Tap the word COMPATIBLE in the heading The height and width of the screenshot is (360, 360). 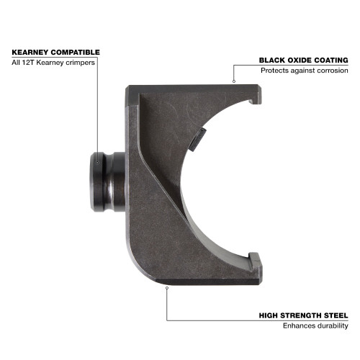tap(76, 53)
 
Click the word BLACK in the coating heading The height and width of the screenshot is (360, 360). tap(271, 60)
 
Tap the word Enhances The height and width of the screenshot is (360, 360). tap(297, 327)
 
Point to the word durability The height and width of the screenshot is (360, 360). tap(332, 327)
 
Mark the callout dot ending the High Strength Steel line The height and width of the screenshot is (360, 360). tap(167, 288)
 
